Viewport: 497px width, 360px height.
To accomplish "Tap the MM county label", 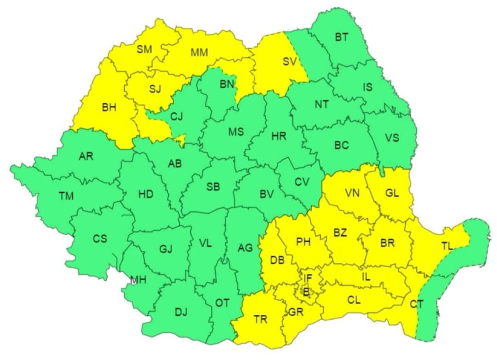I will point(199,52).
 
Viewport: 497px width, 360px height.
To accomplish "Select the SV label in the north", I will point(289,62).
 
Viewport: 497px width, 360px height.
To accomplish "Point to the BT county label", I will point(342,37).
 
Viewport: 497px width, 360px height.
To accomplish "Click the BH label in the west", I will point(109,108).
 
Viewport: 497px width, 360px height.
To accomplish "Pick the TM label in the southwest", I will point(66,196).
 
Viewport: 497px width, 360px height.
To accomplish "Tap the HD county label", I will point(145,195).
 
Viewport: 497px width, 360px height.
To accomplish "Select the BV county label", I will point(266,194).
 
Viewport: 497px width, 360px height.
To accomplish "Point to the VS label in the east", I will point(392,138).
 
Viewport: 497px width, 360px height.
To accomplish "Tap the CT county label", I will point(416,304).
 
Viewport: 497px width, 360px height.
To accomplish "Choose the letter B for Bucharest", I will point(306,292).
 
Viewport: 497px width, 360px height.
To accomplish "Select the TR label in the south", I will point(260,319).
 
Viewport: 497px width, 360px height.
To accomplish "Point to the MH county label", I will point(137,280).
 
